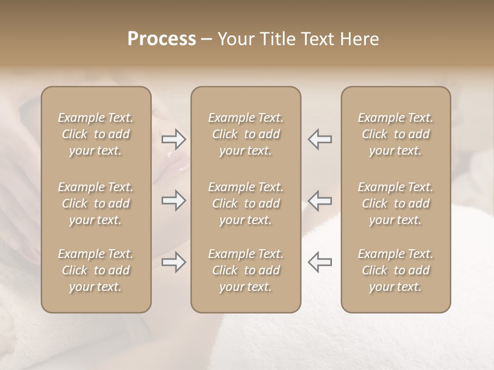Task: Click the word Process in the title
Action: coord(162,39)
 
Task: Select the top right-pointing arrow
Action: coord(173,139)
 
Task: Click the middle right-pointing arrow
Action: coord(173,200)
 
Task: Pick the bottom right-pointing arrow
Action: coord(173,262)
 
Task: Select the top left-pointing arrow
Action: coord(320,139)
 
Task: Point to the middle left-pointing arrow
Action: coord(320,200)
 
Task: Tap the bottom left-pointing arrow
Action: coord(320,262)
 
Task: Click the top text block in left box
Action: coord(96,134)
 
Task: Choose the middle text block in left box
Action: coord(96,203)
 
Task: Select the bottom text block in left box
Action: coord(96,270)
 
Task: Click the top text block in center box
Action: coord(246,134)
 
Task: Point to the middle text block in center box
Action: coord(246,203)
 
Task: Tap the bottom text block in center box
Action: coord(246,270)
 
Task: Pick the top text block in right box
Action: coord(396,134)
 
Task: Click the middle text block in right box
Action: coord(396,203)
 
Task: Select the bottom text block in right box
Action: coord(396,270)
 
